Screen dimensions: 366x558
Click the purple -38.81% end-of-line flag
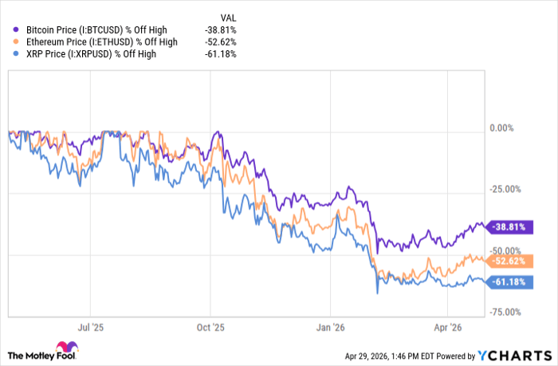click(510, 227)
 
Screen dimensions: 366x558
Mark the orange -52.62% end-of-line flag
click(510, 261)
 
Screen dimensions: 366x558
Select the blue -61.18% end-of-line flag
click(510, 281)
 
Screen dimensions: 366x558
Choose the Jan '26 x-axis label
click(331, 327)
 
